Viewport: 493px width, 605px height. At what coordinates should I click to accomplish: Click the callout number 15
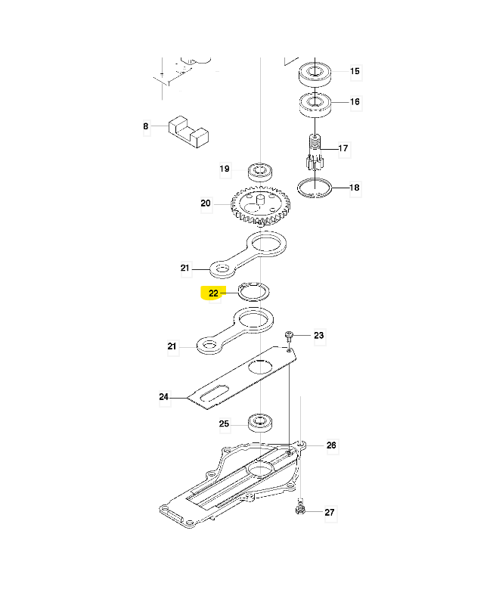point(355,72)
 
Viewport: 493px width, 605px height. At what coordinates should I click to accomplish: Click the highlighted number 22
point(213,293)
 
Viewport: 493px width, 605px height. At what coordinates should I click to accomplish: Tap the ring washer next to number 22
point(254,291)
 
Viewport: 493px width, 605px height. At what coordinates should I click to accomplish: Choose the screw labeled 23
point(290,335)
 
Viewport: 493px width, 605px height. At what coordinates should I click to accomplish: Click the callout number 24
point(164,396)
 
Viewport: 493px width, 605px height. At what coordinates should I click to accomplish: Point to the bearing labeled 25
point(260,422)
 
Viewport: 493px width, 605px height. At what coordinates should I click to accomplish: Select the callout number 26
point(330,445)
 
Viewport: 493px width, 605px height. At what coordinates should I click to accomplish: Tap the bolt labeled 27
point(301,510)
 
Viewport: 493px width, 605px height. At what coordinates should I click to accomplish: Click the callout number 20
point(206,203)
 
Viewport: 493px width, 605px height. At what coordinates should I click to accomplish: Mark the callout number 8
point(146,127)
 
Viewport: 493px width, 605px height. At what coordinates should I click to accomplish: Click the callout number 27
point(329,513)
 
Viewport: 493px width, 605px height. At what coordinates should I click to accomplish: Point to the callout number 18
point(355,188)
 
